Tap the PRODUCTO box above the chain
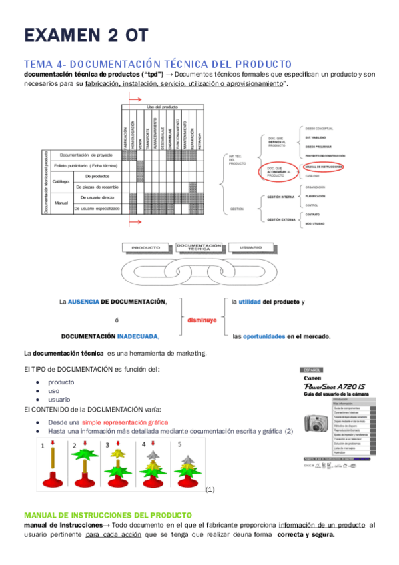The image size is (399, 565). pyautogui.click(x=145, y=248)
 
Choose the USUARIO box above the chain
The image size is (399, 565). pyautogui.click(x=250, y=248)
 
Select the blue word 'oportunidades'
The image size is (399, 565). pyautogui.click(x=264, y=336)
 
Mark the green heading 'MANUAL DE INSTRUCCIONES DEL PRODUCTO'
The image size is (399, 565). pyautogui.click(x=107, y=515)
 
